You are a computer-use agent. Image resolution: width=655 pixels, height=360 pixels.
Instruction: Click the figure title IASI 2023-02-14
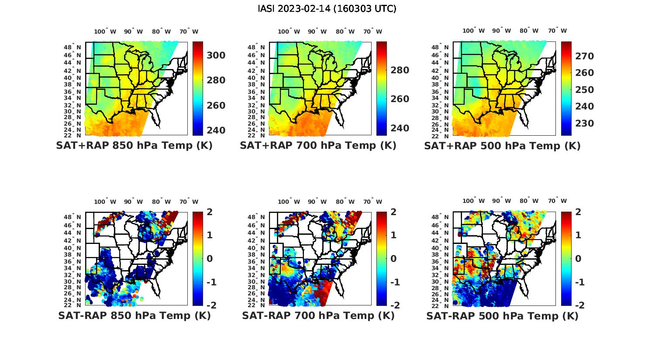(327, 9)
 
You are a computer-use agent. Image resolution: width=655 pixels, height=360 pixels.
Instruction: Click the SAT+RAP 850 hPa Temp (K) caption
(134, 146)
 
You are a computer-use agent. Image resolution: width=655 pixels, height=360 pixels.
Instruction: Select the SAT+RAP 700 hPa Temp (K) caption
(318, 146)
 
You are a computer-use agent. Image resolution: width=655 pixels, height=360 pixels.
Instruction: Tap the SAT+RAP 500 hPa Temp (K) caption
(502, 146)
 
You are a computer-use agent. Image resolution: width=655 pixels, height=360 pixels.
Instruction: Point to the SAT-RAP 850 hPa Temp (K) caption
(134, 315)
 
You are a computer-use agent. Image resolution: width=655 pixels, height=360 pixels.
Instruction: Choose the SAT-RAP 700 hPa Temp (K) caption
(318, 315)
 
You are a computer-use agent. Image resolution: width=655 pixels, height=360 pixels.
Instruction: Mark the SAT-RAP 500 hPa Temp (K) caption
(502, 315)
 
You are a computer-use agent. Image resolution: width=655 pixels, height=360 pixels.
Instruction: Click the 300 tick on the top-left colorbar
(216, 55)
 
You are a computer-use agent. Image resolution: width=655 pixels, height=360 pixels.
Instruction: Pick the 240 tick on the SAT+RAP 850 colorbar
(216, 130)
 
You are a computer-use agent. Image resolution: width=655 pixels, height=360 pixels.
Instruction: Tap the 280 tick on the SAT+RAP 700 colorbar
(400, 70)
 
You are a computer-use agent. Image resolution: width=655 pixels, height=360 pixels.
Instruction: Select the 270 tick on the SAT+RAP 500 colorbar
(584, 56)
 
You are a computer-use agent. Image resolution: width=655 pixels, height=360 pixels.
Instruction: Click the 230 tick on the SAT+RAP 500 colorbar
(584, 123)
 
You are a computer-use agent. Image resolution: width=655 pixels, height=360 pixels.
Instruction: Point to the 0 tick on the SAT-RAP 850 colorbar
(210, 258)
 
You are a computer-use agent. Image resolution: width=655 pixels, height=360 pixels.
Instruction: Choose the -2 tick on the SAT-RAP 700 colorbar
(394, 305)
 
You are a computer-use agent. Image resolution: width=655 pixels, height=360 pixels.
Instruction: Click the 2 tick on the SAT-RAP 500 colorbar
(578, 212)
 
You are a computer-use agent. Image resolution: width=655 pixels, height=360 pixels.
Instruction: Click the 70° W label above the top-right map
(558, 31)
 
